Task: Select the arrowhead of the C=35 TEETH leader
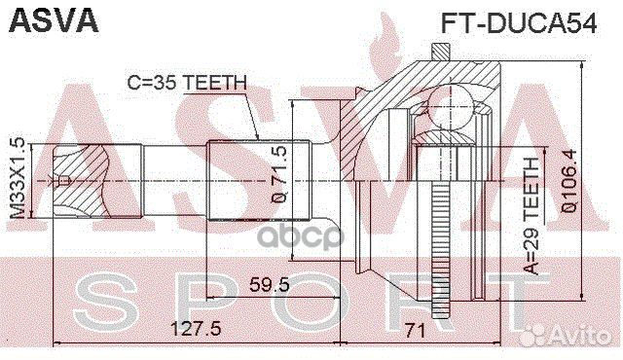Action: [x=257, y=139]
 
